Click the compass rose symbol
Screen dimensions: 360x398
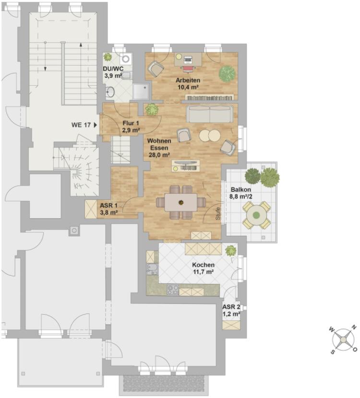(343, 339)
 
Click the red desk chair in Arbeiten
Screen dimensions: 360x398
(188, 68)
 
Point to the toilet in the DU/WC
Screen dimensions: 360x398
(127, 75)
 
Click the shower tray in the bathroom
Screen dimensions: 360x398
(141, 92)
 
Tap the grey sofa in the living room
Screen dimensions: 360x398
(210, 114)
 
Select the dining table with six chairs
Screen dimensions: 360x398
(180, 202)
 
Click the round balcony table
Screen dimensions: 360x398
(257, 215)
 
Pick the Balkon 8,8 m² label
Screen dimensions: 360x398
(241, 193)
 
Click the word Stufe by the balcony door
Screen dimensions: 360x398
(218, 214)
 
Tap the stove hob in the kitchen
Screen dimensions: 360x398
(173, 290)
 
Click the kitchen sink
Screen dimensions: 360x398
(152, 269)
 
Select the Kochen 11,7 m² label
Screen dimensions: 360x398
(203, 268)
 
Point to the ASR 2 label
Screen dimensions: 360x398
(231, 307)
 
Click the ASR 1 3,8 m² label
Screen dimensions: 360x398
(109, 209)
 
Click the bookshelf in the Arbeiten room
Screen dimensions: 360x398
(210, 97)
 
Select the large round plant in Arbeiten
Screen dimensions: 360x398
(227, 74)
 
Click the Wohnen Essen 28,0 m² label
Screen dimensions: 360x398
(159, 148)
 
